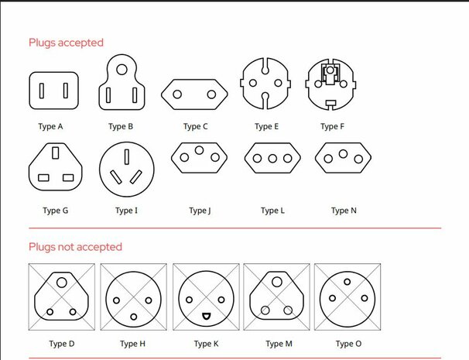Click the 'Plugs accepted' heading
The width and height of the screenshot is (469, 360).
[x=66, y=43]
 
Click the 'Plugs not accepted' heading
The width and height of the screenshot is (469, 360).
[x=75, y=247]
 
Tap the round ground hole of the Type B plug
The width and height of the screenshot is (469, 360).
[x=122, y=70]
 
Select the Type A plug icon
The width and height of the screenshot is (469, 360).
[x=54, y=91]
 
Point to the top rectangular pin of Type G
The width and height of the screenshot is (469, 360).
[x=55, y=153]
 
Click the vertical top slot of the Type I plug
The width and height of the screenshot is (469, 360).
[x=127, y=157]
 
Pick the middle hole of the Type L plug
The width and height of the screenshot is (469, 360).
[x=272, y=158]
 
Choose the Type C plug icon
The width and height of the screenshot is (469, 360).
[x=194, y=94]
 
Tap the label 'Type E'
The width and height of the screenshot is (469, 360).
[x=266, y=127]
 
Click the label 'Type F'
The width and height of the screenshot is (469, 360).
[x=332, y=127]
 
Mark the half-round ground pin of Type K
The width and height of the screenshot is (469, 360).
[x=206, y=316]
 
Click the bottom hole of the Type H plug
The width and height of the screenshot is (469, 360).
[x=134, y=317]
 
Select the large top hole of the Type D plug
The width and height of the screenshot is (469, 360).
[x=62, y=283]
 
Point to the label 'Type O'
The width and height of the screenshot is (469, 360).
[x=348, y=344]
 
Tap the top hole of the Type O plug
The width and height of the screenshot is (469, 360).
[x=347, y=282]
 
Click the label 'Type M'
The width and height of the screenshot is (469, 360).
[x=279, y=344]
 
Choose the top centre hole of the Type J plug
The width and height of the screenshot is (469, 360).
[x=199, y=150]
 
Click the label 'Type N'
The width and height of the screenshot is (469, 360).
[x=344, y=211]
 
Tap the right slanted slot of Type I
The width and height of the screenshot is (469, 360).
[x=135, y=177]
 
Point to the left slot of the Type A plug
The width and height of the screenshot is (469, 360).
[x=42, y=91]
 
